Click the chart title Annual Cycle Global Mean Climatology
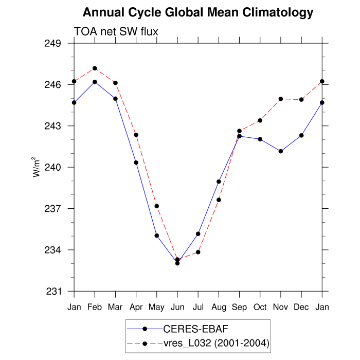(x=198, y=12)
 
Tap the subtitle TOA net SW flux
(x=116, y=31)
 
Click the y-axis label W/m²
(x=37, y=167)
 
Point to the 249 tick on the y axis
(x=54, y=43)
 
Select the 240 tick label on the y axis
(x=54, y=168)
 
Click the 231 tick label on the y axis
(x=54, y=292)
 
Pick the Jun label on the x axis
(x=177, y=308)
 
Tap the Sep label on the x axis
(x=239, y=308)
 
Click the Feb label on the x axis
(x=95, y=308)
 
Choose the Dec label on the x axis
(x=301, y=308)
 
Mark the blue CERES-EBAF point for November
(x=281, y=151)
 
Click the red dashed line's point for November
(x=281, y=99)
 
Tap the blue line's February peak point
(x=95, y=82)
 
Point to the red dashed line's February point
(x=95, y=68)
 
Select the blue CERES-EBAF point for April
(x=136, y=163)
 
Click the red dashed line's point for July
(x=198, y=252)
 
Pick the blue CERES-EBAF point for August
(x=219, y=182)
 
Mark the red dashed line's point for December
(x=301, y=99)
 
